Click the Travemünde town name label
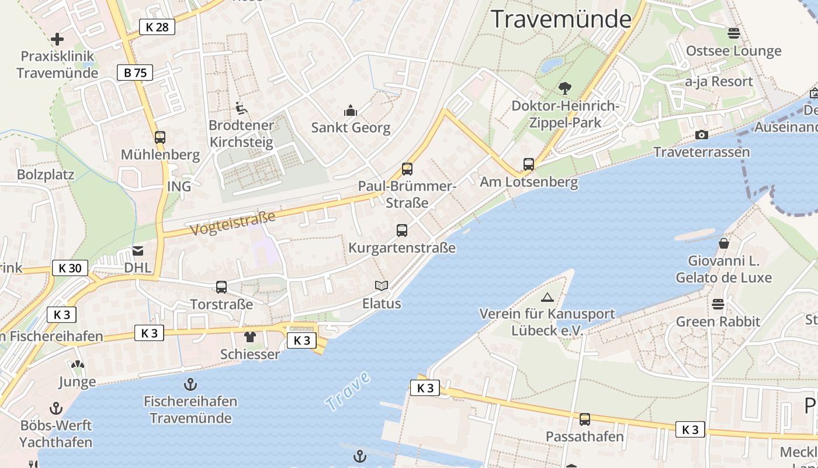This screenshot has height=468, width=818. pos(561,19)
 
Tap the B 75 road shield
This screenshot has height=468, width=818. pos(135,73)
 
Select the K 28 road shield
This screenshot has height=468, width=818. pos(157,26)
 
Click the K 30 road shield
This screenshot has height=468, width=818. pos(70,268)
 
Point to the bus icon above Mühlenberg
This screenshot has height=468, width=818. pos(160,137)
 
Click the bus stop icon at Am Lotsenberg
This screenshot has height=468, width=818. pos(529,164)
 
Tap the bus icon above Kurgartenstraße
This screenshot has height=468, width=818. pos(402,230)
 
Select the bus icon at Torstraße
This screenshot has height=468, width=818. pos(221,287)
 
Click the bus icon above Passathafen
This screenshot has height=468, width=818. pos(585,419)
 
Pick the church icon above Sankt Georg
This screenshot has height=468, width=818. pos(351,110)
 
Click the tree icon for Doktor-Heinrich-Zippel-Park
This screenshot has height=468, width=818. pos(564,88)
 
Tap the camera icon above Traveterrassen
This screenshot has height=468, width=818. pos(702,135)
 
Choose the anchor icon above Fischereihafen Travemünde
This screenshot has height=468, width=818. pos(190,384)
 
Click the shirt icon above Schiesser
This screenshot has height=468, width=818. pos(250,336)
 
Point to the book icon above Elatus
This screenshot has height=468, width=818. pos(382,285)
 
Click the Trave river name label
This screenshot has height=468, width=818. pos(348,391)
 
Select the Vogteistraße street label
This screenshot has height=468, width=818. pos(233,224)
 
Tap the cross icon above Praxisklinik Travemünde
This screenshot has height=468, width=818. pos(57,39)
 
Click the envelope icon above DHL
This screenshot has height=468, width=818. pos(138,250)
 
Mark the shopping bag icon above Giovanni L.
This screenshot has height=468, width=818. pos(724,243)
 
